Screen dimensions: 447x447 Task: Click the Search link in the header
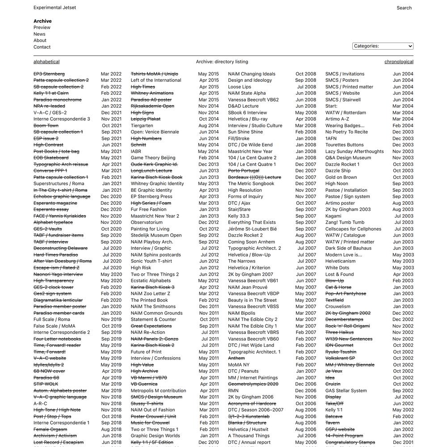(x=404, y=8)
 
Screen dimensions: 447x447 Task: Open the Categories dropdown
(x=383, y=46)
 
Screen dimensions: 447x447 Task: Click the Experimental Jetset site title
(x=55, y=8)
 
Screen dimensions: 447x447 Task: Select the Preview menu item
(x=42, y=28)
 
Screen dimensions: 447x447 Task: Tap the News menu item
(x=39, y=34)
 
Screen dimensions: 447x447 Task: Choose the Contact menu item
(x=42, y=47)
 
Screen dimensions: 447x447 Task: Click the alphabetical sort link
(x=46, y=62)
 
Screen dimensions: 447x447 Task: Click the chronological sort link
(x=399, y=62)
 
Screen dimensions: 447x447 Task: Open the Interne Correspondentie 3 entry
(x=62, y=119)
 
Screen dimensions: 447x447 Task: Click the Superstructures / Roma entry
(x=59, y=184)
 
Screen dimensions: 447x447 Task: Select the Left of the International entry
(x=156, y=80)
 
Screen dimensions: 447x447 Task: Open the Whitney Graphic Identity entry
(x=157, y=184)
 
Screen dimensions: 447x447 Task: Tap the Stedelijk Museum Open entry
(x=156, y=235)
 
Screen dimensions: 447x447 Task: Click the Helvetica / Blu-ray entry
(x=248, y=119)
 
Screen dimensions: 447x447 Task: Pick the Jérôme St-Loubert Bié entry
(x=252, y=229)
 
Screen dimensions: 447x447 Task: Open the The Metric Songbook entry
(x=251, y=184)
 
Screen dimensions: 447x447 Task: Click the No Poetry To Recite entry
(x=346, y=132)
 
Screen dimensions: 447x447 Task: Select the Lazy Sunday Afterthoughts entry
(x=354, y=152)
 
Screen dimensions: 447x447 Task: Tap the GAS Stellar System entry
(x=346, y=391)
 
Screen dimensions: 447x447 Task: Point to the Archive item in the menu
(x=42, y=21)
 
